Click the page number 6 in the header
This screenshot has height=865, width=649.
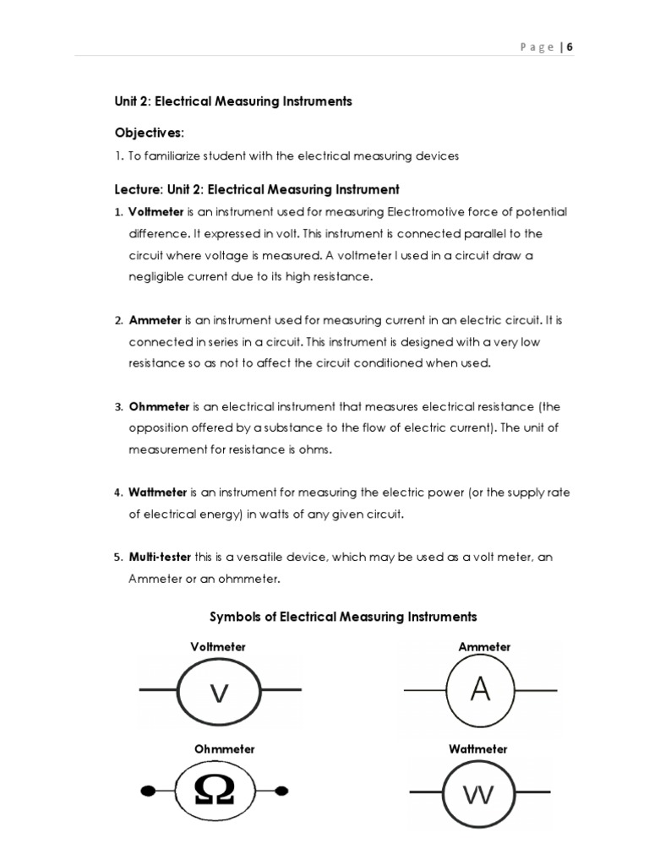(x=570, y=47)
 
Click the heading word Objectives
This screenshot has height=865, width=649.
(x=147, y=133)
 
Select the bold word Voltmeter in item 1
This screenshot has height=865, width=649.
(x=155, y=211)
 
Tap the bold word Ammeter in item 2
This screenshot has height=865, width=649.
(x=154, y=320)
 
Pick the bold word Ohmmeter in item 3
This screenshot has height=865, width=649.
(x=159, y=406)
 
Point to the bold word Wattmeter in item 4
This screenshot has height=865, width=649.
(x=158, y=492)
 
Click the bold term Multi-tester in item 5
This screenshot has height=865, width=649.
(x=161, y=558)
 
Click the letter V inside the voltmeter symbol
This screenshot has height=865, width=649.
(x=219, y=694)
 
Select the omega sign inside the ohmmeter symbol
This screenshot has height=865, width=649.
(x=215, y=790)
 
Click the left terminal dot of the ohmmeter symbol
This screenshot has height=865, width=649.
(x=147, y=792)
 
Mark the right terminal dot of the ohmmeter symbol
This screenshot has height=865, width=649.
(x=283, y=792)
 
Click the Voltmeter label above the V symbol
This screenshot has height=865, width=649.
(x=218, y=647)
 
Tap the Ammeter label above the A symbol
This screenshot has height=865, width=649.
(x=484, y=647)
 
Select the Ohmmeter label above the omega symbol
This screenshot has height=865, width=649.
(x=224, y=749)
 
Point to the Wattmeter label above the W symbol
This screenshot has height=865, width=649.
(x=477, y=749)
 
